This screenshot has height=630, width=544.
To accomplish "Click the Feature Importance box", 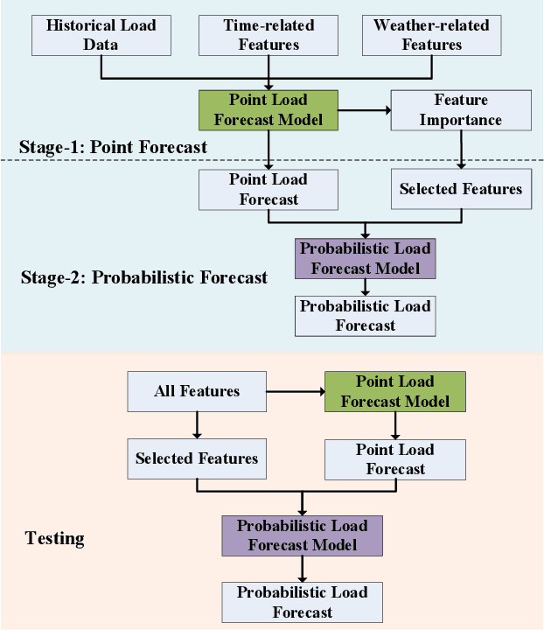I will point(460,110).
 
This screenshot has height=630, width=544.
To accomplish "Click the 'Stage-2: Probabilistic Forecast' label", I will point(143,278).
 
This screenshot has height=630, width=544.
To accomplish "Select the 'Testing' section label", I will point(54,538).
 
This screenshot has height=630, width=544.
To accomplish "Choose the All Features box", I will point(197,391).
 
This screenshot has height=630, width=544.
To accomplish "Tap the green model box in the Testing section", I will point(395,391).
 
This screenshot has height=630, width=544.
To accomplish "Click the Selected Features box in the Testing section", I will point(197,458).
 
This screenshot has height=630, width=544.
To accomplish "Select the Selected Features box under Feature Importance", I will point(460,189).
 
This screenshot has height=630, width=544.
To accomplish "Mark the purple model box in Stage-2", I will point(366,258).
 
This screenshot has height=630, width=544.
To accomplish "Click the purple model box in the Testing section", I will point(303,535).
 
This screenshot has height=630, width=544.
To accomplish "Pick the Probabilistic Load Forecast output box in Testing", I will point(303,602).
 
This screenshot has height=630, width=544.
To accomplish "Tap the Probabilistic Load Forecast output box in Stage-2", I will point(366,316).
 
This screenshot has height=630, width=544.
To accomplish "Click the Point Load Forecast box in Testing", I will point(395,458).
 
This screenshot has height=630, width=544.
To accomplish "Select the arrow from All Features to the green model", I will point(295,391).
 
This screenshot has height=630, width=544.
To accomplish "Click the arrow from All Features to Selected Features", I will point(197,425).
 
